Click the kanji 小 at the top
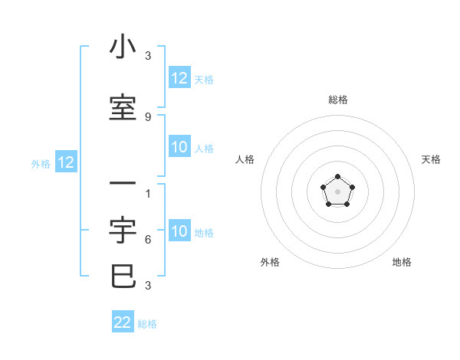(x=123, y=47)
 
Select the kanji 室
(x=123, y=107)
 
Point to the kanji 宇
(x=123, y=231)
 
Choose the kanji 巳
(x=123, y=276)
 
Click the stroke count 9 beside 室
(x=148, y=116)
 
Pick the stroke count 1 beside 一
(x=148, y=194)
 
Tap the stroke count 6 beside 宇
(x=148, y=240)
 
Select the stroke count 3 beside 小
(x=148, y=56)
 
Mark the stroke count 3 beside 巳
(x=148, y=286)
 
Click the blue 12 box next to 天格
(x=179, y=78)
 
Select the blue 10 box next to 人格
(x=179, y=147)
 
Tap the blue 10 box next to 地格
(x=179, y=231)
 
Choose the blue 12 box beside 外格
(x=66, y=162)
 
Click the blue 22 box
(x=123, y=322)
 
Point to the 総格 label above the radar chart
(x=338, y=100)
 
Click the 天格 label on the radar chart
(x=432, y=159)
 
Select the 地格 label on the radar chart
(x=402, y=262)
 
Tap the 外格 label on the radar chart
(x=270, y=262)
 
